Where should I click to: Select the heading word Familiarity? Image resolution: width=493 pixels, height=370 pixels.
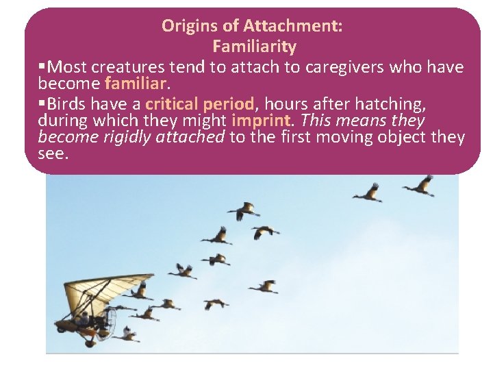(254, 47)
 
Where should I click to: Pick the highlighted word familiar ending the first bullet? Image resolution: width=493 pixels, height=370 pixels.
(136, 84)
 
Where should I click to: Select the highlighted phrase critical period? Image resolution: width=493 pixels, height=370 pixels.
(199, 104)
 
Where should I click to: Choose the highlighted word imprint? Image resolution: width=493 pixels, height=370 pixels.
(262, 121)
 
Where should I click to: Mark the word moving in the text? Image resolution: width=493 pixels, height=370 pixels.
(348, 138)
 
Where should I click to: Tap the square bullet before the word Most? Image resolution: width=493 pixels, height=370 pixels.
(42, 67)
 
